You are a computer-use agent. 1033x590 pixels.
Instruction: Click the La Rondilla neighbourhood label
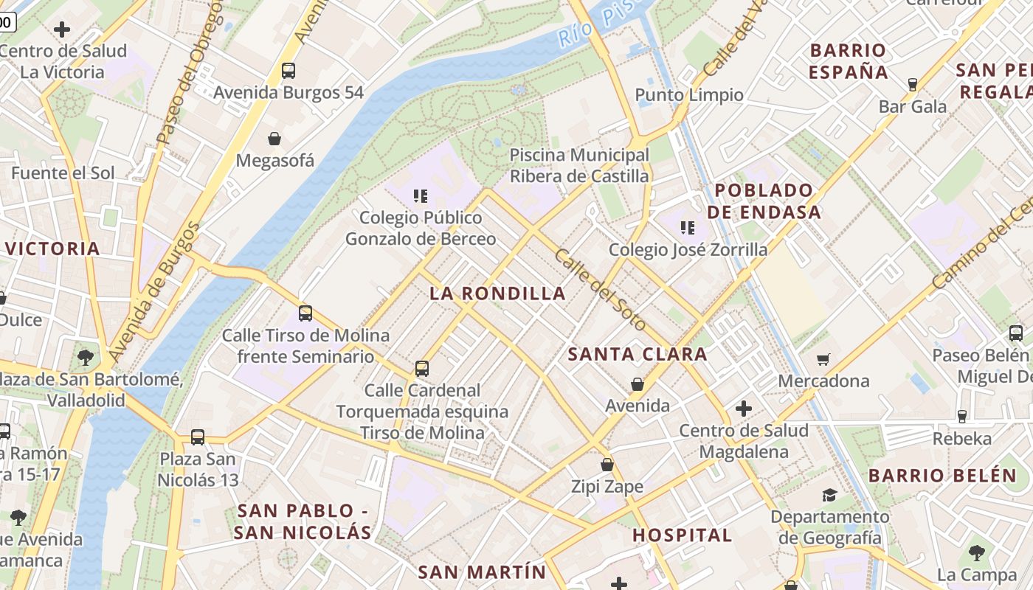[x=498, y=294]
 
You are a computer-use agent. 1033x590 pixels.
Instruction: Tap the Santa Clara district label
[x=638, y=355]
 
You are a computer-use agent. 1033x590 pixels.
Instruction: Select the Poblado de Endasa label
[x=764, y=201]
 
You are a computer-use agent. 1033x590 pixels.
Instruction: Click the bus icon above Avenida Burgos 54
[x=289, y=71]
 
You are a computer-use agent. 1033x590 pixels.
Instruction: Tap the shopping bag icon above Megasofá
[x=274, y=139]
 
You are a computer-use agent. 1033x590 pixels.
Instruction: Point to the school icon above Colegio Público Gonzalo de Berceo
[x=421, y=196]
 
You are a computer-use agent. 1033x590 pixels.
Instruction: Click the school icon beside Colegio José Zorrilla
[x=688, y=228]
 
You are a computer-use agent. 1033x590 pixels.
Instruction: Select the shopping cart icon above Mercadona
[x=823, y=359]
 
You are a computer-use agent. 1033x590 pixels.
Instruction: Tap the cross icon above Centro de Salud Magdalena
[x=744, y=408]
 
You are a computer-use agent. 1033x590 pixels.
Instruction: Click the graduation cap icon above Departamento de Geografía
[x=830, y=495]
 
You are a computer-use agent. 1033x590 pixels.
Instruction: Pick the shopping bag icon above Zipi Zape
[x=607, y=465]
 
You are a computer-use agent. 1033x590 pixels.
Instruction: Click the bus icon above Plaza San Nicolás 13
[x=198, y=437]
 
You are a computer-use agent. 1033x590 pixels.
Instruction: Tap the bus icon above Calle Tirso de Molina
[x=305, y=313]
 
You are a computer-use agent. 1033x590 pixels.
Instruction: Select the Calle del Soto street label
[x=600, y=290]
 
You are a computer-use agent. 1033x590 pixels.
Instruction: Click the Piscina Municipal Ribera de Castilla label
[x=580, y=166]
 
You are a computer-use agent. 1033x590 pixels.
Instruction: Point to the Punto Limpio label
[x=689, y=95]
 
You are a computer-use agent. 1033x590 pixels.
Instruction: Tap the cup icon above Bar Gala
[x=913, y=85]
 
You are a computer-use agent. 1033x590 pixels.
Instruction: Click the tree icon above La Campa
[x=977, y=552]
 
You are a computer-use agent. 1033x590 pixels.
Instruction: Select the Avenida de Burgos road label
[x=153, y=291]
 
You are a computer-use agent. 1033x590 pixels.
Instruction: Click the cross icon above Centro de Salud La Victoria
[x=63, y=29]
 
